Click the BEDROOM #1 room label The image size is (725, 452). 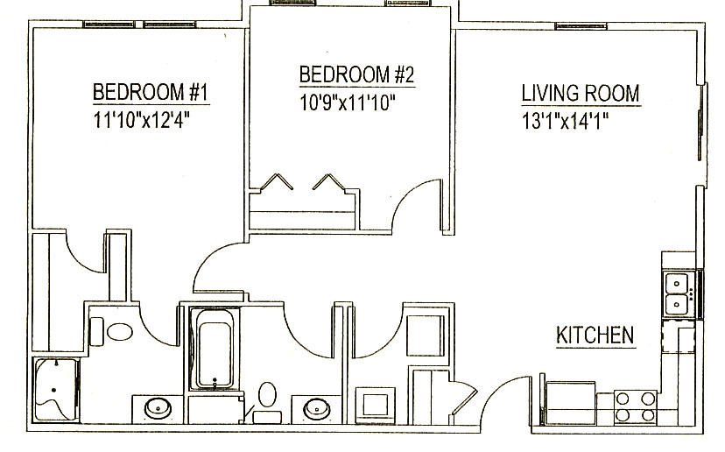[x=151, y=92]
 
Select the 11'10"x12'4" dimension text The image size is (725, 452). [x=142, y=120]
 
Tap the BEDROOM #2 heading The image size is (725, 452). [x=357, y=74]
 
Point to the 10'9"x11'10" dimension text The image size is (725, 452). [x=348, y=102]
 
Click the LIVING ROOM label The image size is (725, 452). [x=581, y=93]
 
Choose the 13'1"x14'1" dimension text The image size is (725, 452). [x=565, y=121]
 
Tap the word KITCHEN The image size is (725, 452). [x=595, y=335]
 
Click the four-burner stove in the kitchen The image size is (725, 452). [x=637, y=407]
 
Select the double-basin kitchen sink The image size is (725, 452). [x=678, y=293]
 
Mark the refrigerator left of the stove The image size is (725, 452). [x=571, y=403]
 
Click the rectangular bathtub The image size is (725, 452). [x=215, y=349]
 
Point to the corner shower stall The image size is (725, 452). [x=56, y=390]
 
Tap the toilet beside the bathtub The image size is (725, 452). [x=267, y=402]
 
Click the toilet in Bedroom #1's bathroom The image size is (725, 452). [x=113, y=332]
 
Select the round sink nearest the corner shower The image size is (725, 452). [x=158, y=409]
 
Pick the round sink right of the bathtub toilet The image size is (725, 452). [x=317, y=409]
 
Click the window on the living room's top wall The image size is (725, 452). [x=581, y=26]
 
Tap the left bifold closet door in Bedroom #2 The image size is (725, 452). [x=277, y=182]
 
